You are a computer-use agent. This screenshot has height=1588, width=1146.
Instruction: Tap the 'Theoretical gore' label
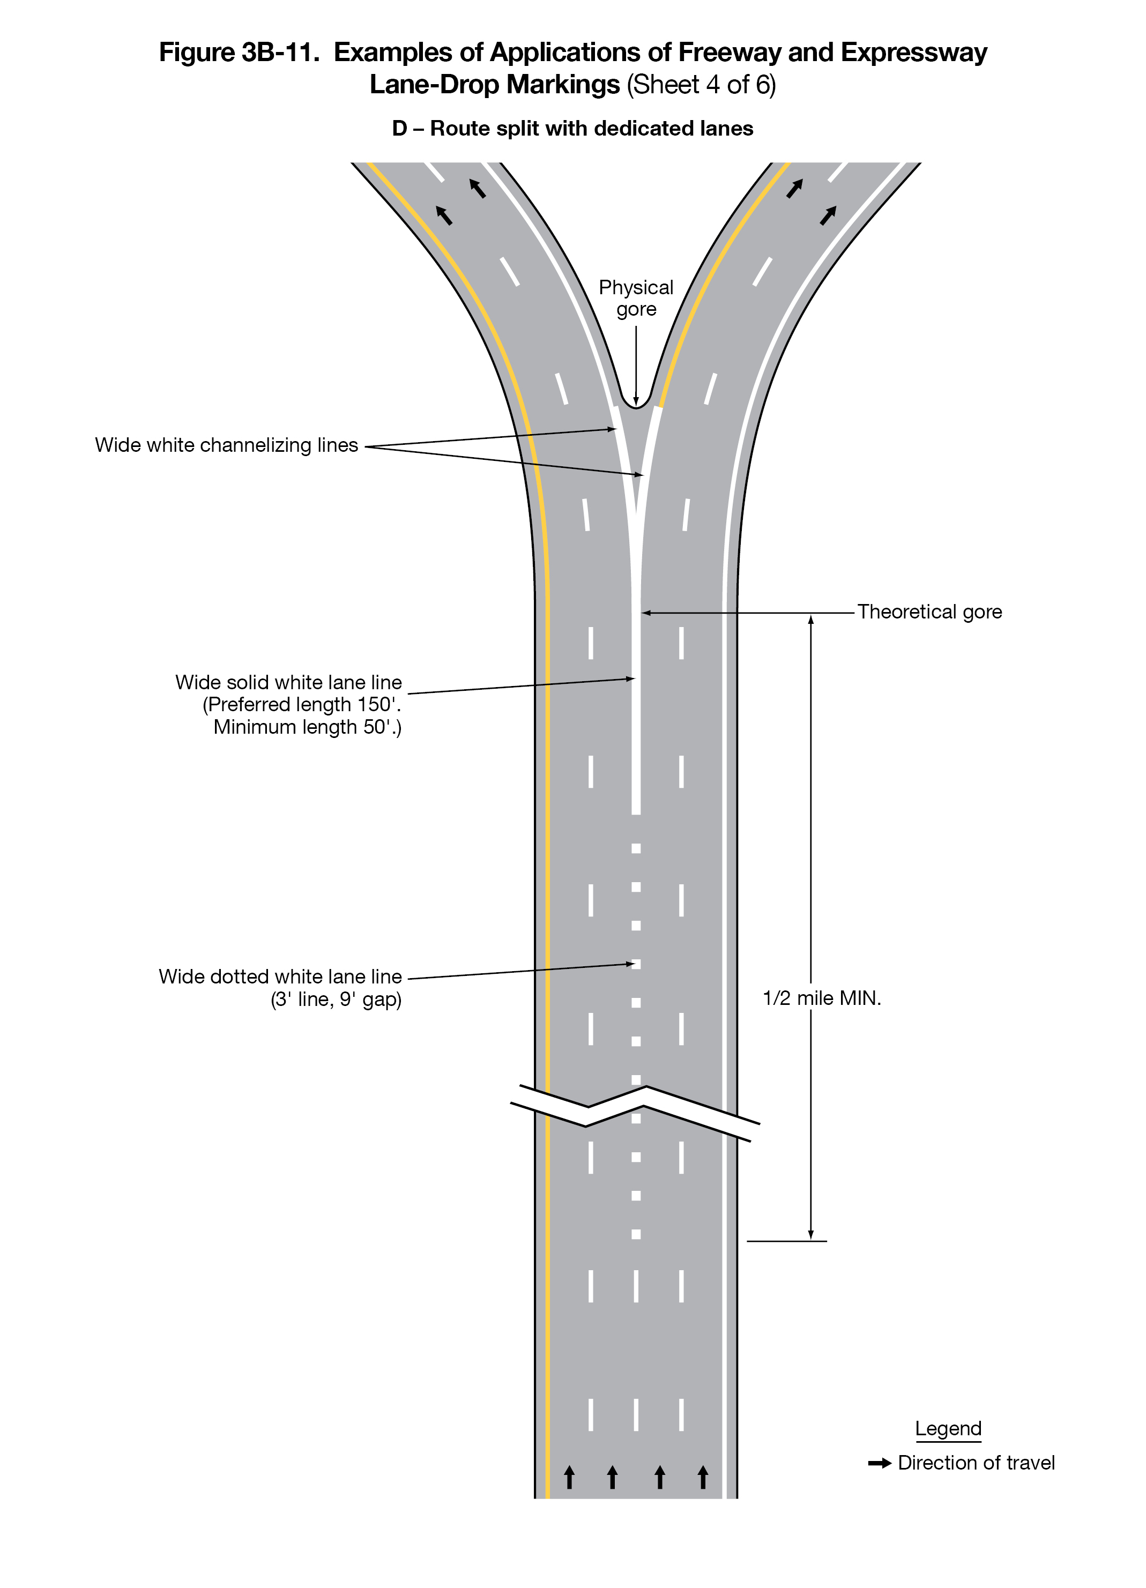929,612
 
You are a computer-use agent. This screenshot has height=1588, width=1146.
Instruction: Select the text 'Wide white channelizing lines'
226,445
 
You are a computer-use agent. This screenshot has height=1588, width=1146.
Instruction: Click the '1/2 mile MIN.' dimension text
821,998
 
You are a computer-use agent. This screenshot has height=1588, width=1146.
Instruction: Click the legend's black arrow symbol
879,1463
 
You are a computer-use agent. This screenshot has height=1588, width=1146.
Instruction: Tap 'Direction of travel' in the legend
976,1463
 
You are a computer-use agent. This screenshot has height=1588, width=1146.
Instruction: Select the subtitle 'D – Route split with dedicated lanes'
572,129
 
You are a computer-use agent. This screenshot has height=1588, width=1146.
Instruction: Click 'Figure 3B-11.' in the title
239,53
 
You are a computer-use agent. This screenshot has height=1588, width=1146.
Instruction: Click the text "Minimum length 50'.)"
307,727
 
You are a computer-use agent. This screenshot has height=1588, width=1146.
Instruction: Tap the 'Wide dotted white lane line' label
280,976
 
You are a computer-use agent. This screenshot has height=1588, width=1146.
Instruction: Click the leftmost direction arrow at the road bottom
569,1478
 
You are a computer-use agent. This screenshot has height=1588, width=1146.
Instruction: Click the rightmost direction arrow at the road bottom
703,1478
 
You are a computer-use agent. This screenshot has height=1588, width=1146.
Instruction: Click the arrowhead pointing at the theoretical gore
646,613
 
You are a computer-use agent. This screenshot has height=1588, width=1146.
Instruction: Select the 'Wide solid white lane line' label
288,683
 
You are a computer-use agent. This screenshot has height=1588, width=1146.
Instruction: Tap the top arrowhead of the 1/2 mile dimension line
810,620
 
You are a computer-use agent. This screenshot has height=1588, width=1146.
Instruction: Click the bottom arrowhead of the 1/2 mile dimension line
810,1235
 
